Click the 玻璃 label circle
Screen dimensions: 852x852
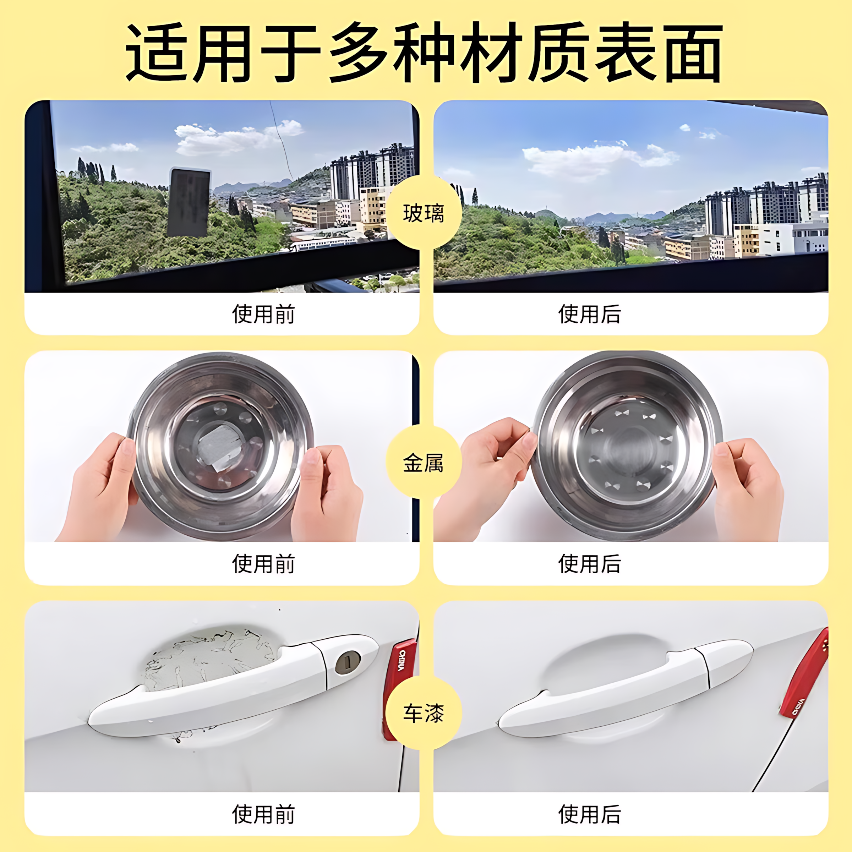pyautogui.click(x=424, y=213)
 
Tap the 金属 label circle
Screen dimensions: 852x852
pyautogui.click(x=424, y=463)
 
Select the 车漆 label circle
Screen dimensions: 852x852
pyautogui.click(x=424, y=713)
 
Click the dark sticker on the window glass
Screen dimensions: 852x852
pyautogui.click(x=189, y=202)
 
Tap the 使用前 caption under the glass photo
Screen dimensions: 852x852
pyautogui.click(x=263, y=314)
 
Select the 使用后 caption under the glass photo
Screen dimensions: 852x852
pyautogui.click(x=590, y=314)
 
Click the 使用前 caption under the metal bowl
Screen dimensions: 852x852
pyautogui.click(x=263, y=564)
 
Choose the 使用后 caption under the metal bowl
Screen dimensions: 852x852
pyautogui.click(x=590, y=564)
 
